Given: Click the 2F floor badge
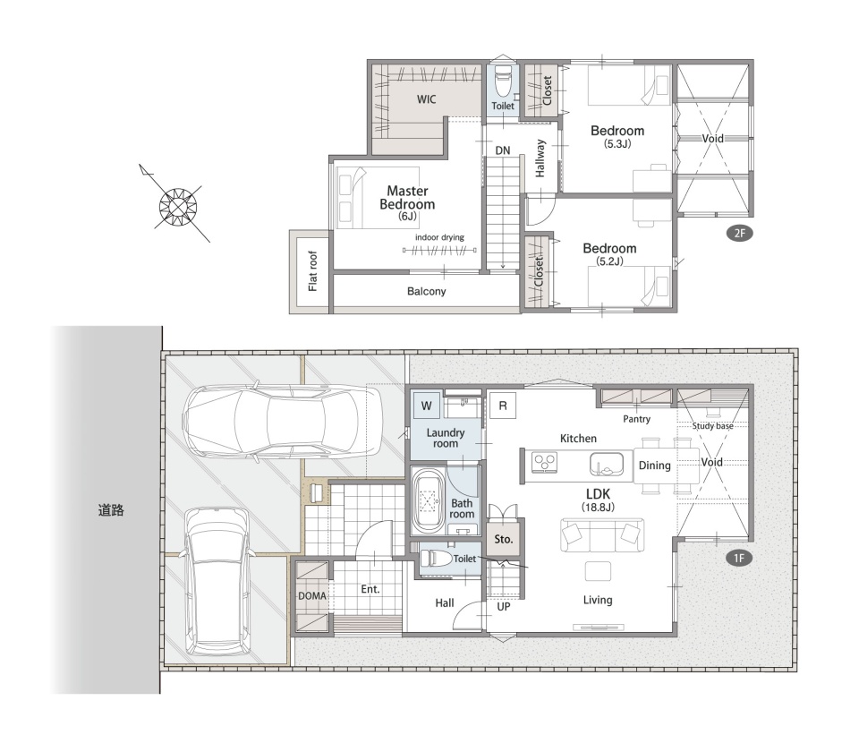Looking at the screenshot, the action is click(740, 233).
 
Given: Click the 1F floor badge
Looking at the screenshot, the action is click(739, 558).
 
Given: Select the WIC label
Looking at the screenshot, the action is click(426, 99).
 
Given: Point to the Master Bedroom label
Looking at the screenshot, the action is click(407, 198).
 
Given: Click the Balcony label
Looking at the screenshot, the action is click(426, 291).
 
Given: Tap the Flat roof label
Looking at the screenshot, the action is click(313, 270).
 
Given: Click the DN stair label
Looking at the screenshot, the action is click(502, 150).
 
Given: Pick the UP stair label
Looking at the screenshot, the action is click(504, 607).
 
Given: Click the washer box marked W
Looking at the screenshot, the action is click(426, 406).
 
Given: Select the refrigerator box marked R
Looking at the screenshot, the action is click(503, 406).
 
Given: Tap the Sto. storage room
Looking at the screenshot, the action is click(504, 539).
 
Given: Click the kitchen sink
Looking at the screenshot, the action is click(607, 465).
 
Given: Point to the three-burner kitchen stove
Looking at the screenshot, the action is click(545, 461).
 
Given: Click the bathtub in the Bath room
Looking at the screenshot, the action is click(428, 500).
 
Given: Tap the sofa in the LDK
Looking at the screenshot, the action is click(602, 534).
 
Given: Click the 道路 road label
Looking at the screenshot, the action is click(111, 510).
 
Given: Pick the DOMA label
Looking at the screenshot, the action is click(312, 595).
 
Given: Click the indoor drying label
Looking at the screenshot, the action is click(439, 237).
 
